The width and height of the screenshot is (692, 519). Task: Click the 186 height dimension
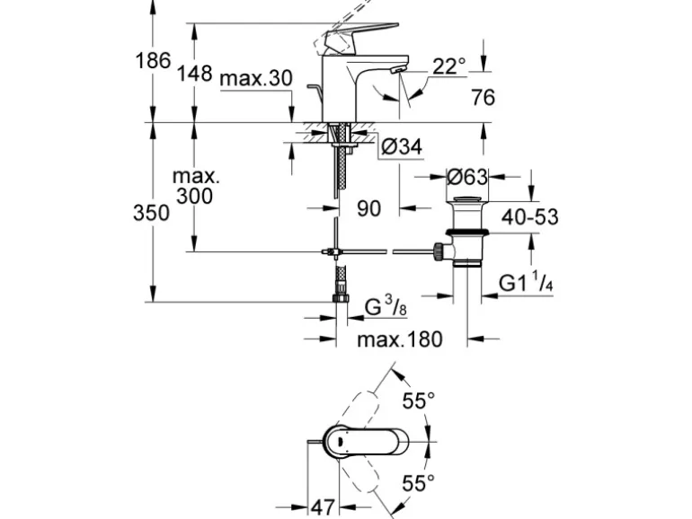coord(153,61)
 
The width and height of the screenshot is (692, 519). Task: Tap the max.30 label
coord(256,79)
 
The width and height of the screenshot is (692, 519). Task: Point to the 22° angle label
coord(449,66)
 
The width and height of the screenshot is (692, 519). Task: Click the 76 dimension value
coord(483,97)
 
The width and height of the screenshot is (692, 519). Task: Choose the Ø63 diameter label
coord(466,176)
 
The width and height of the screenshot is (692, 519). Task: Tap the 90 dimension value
coord(368,208)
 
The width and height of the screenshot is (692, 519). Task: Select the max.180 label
coord(400,339)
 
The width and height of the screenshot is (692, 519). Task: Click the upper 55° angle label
coord(419,400)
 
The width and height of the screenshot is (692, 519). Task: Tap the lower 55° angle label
coord(419,484)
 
